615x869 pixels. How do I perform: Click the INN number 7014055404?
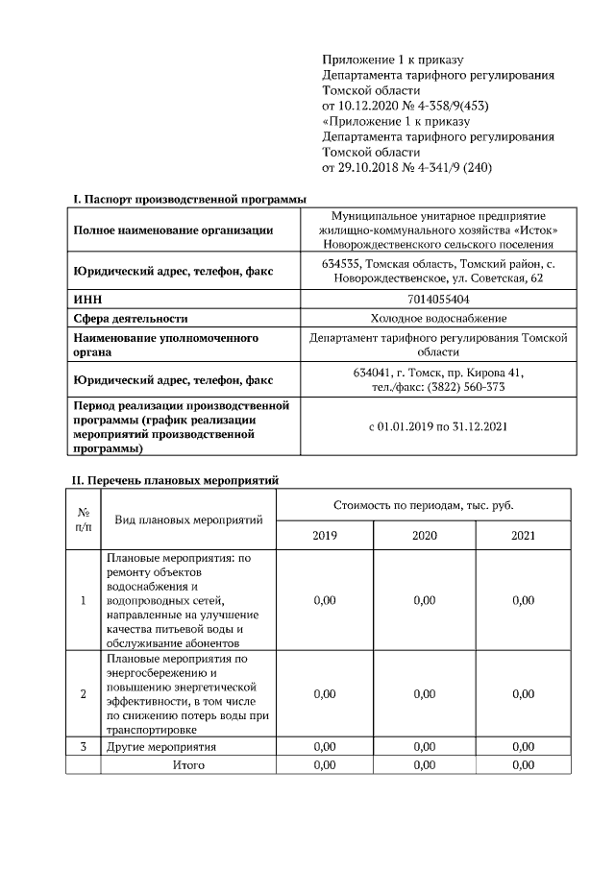[x=438, y=300]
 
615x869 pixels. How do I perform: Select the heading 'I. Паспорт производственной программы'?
[x=190, y=199]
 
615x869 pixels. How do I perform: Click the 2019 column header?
[x=325, y=535]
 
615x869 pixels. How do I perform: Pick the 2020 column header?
[x=424, y=535]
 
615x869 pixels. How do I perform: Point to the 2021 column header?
[x=523, y=535]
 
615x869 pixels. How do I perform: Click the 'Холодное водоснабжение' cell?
[x=438, y=318]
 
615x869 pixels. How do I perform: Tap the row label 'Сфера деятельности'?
[x=131, y=318]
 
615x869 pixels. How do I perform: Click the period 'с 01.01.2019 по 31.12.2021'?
[x=438, y=425]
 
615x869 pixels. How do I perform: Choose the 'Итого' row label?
[x=188, y=765]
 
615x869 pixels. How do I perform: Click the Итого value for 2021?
[x=523, y=765]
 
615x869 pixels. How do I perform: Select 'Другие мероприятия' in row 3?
[x=160, y=746]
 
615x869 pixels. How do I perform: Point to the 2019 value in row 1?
[x=325, y=600]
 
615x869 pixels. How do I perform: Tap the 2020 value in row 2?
[x=424, y=693]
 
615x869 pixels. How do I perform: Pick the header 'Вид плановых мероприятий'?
[x=188, y=519]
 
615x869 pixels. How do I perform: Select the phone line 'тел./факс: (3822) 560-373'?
[x=438, y=386]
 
